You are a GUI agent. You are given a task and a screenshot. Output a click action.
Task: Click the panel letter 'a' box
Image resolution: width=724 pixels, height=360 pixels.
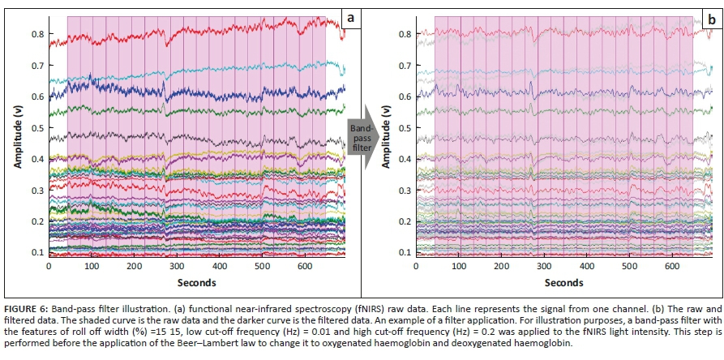click(x=350, y=17)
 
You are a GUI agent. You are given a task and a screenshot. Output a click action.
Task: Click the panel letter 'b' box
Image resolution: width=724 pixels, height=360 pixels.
click(x=710, y=17)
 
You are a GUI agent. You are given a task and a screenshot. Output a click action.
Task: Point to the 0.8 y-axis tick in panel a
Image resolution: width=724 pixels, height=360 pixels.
click(x=38, y=34)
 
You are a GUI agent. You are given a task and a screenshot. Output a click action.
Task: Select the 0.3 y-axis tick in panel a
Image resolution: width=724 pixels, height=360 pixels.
click(x=38, y=191)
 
